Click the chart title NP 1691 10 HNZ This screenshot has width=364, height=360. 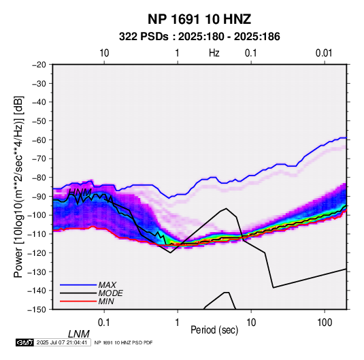199,19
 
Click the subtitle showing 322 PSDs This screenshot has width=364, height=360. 199,37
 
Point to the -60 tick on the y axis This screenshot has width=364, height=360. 39,140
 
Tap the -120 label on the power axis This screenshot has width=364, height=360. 37,252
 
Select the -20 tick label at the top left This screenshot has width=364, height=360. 39,65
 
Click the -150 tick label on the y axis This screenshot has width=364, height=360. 37,310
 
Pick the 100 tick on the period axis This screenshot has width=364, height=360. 325,323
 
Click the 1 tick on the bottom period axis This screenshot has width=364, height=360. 178,323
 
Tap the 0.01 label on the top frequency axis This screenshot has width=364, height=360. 324,53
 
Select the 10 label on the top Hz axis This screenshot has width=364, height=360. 104,53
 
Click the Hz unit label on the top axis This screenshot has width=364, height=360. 214,53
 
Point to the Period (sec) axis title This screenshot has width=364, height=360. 214,329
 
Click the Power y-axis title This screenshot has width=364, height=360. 18,186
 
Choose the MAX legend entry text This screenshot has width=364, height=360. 107,284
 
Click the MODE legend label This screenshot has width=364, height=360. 110,293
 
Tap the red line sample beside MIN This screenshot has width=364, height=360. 78,301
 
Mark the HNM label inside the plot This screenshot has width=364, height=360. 80,193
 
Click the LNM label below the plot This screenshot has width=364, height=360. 79,334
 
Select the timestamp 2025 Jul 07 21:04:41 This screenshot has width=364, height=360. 62,342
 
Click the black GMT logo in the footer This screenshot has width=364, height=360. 24,342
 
